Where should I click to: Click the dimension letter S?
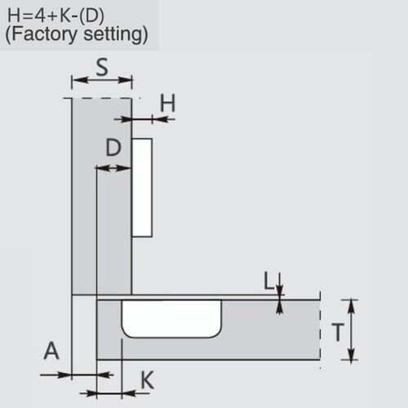point(102,67)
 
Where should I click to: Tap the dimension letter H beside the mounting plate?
point(167,104)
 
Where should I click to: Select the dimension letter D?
point(114,148)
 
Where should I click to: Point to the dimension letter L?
point(268,282)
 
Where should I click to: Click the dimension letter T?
point(335,331)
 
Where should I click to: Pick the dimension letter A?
point(51,352)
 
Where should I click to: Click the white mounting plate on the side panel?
point(142,187)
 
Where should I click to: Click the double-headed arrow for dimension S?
point(102,81)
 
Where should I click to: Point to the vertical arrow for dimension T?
point(352,330)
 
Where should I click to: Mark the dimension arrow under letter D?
point(114,167)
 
